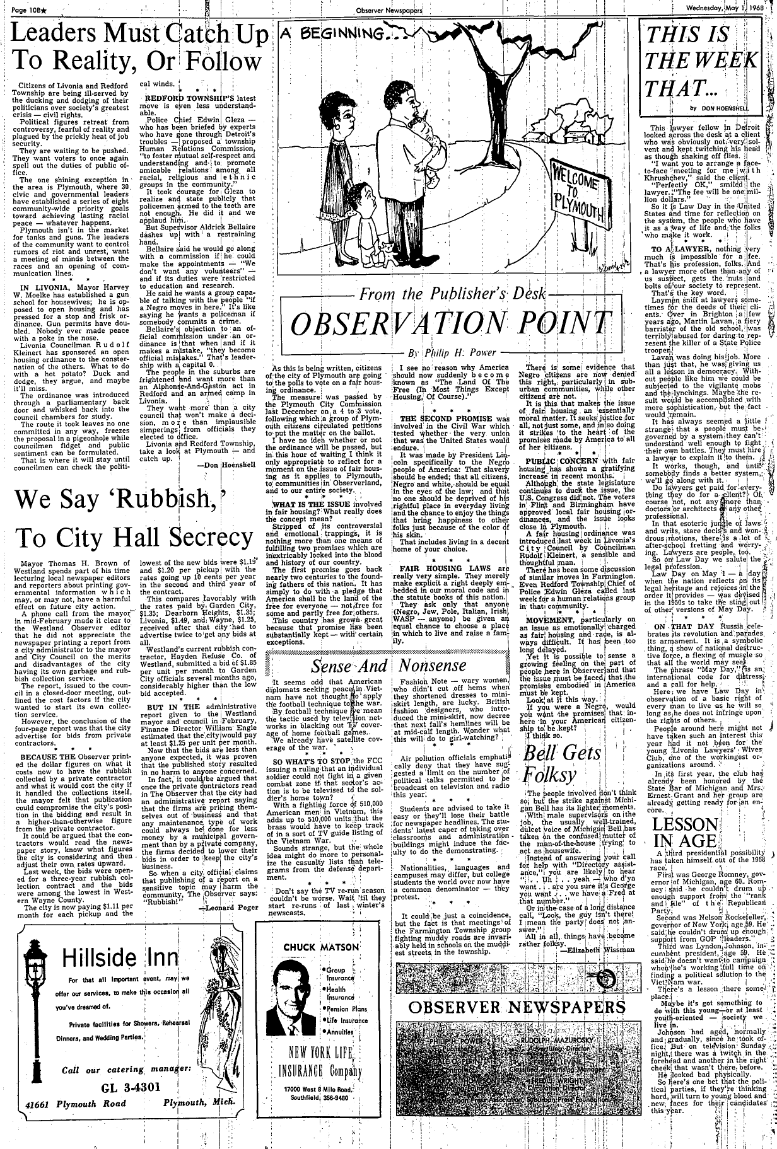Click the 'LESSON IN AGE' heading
coord(684,833)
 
